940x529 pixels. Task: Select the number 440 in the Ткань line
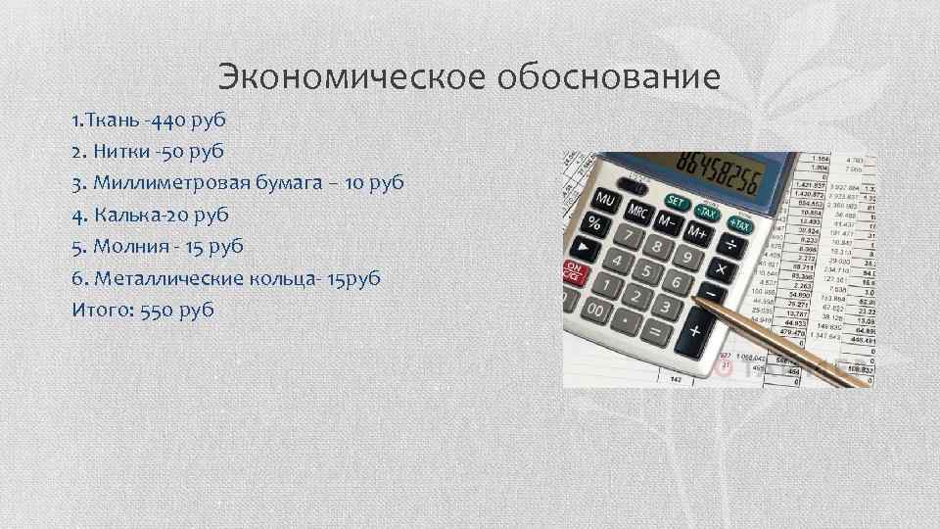163,120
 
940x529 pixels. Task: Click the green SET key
676,203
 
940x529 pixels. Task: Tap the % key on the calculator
594,222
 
